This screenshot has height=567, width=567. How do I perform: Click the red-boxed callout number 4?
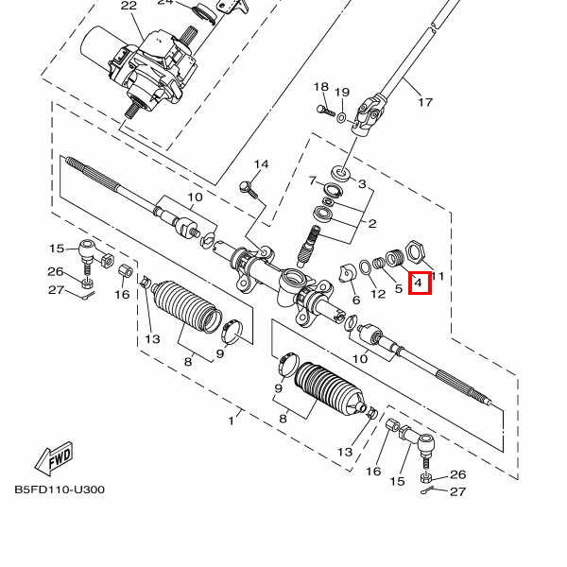coord(419,282)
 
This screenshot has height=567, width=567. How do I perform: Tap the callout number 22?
coord(129,6)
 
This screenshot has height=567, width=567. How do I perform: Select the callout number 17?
coord(424,102)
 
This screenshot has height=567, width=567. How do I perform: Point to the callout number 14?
coord(261,164)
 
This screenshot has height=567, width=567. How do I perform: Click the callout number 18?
coord(320,87)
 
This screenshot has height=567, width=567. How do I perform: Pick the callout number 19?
coord(342,93)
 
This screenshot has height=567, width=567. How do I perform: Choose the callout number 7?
coord(312,180)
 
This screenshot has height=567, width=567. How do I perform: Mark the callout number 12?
coord(378,293)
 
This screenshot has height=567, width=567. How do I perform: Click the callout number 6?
coord(355,301)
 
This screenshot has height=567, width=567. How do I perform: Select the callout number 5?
coord(399,287)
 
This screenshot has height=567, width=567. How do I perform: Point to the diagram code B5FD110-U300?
coord(59,490)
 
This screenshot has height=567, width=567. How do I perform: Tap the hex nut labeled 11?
coord(414,253)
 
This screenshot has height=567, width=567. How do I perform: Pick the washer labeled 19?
coord(341,117)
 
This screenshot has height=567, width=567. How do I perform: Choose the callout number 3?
coord(362,183)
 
